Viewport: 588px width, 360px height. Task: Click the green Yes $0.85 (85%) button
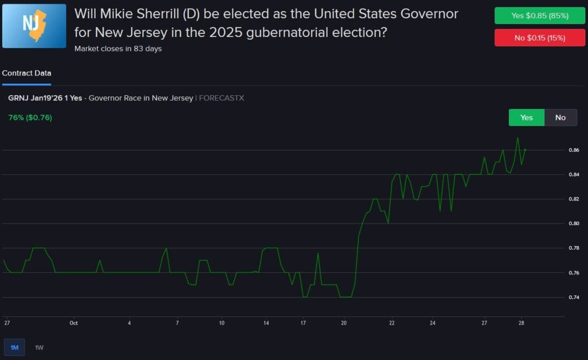[539, 16]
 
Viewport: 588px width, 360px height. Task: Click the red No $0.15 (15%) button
[539, 38]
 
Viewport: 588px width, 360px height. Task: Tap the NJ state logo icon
[34, 26]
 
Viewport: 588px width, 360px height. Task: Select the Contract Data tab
[27, 73]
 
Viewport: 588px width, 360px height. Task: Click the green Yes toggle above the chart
[527, 118]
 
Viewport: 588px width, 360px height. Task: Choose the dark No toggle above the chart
[560, 118]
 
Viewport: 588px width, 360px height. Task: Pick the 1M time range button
[14, 348]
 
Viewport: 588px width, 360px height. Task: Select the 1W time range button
[39, 348]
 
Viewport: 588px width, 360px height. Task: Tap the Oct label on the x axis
[74, 323]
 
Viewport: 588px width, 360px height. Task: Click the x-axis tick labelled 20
[344, 323]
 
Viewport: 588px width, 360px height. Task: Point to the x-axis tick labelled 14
[266, 323]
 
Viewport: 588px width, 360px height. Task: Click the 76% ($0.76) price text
[30, 118]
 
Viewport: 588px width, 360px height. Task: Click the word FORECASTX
[221, 98]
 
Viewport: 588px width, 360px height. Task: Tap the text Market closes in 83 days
[118, 49]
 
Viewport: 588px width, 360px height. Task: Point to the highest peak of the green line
[517, 137]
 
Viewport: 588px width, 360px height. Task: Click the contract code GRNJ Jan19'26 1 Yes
[45, 98]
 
